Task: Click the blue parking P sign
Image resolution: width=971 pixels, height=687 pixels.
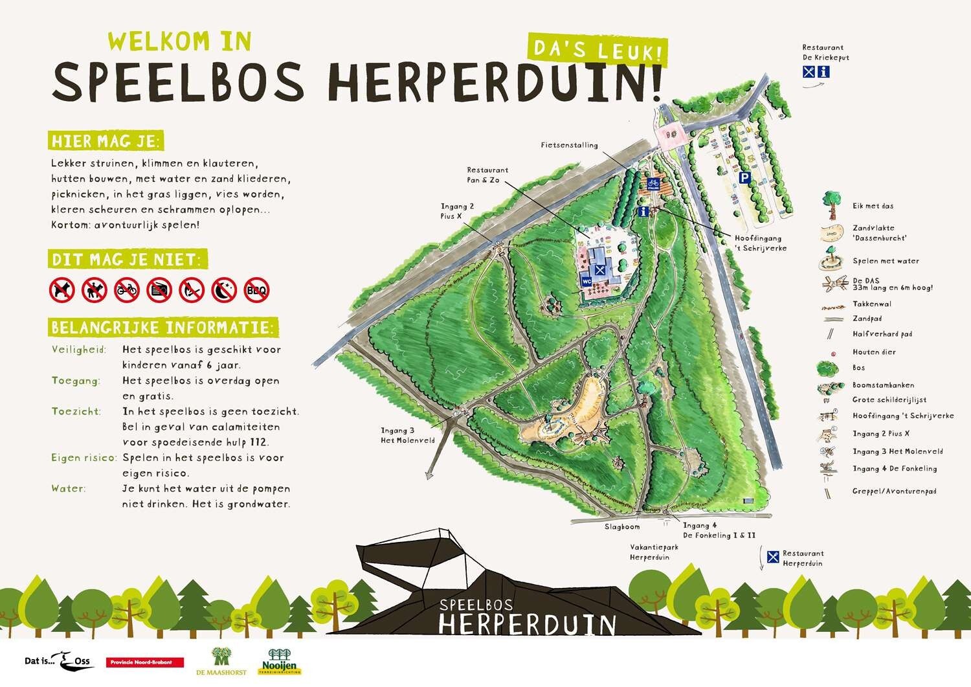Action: click(745, 177)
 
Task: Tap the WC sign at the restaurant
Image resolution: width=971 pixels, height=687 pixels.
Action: click(586, 282)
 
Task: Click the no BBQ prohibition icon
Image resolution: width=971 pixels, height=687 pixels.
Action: click(256, 290)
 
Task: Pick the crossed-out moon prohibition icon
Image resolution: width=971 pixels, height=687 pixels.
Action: click(224, 290)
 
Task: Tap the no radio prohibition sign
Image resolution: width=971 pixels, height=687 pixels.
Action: click(159, 290)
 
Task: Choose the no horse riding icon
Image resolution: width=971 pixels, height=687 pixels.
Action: click(95, 290)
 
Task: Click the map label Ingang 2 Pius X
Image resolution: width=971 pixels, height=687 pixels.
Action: click(458, 211)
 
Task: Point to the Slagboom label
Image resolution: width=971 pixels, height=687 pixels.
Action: click(622, 527)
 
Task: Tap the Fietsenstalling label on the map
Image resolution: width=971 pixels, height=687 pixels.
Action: click(570, 146)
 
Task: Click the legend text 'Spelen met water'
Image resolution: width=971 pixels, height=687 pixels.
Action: click(886, 261)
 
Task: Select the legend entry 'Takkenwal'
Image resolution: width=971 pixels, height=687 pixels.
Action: click(872, 304)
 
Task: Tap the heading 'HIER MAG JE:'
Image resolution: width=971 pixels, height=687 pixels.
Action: click(106, 141)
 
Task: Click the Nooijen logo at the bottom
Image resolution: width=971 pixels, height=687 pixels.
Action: click(280, 662)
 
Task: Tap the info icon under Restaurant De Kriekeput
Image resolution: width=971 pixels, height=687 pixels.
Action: click(824, 73)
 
